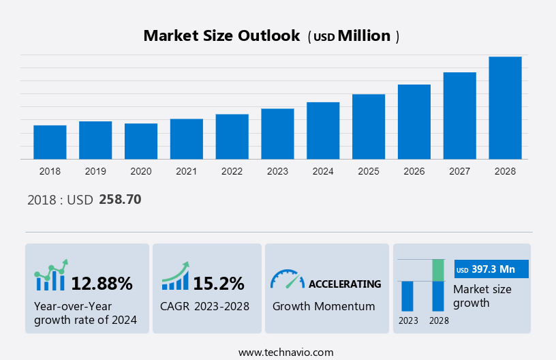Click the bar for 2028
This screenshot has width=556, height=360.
pos(505,108)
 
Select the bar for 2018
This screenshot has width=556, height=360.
pos(50,142)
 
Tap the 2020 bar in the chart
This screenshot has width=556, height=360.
pos(141,141)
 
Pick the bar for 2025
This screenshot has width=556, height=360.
pos(369,126)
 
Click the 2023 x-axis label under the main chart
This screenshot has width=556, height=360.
pos(277,171)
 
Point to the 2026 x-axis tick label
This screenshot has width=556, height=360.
pos(414,171)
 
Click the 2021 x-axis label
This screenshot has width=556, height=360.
pos(187,171)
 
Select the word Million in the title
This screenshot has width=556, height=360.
pos(365,36)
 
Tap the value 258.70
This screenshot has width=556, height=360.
pos(120,200)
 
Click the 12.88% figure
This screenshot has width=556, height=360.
pos(102,283)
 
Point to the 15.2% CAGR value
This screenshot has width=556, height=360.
pos(218,283)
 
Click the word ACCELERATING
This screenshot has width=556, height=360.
pos(345,284)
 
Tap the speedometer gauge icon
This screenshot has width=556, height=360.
pos(287,278)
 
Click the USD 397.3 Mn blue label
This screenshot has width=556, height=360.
pos(491,269)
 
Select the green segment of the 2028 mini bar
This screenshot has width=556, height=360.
pos(438,270)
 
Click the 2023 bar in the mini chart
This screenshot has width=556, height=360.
pos(407,296)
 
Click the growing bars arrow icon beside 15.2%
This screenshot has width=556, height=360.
pos(175,275)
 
